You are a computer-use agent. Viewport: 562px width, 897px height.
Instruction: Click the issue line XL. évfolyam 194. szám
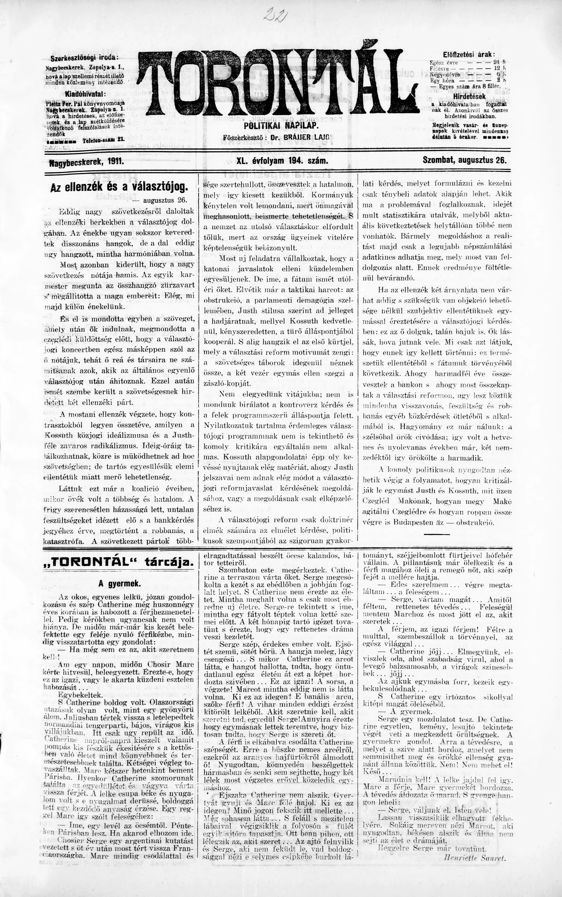[x=282, y=161]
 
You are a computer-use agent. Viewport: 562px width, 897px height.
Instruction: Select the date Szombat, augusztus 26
[x=465, y=161]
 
